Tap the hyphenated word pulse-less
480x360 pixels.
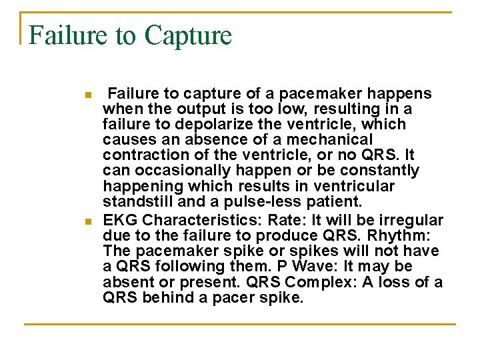click(x=268, y=201)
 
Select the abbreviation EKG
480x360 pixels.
click(x=120, y=221)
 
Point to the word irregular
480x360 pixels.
click(x=409, y=221)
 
